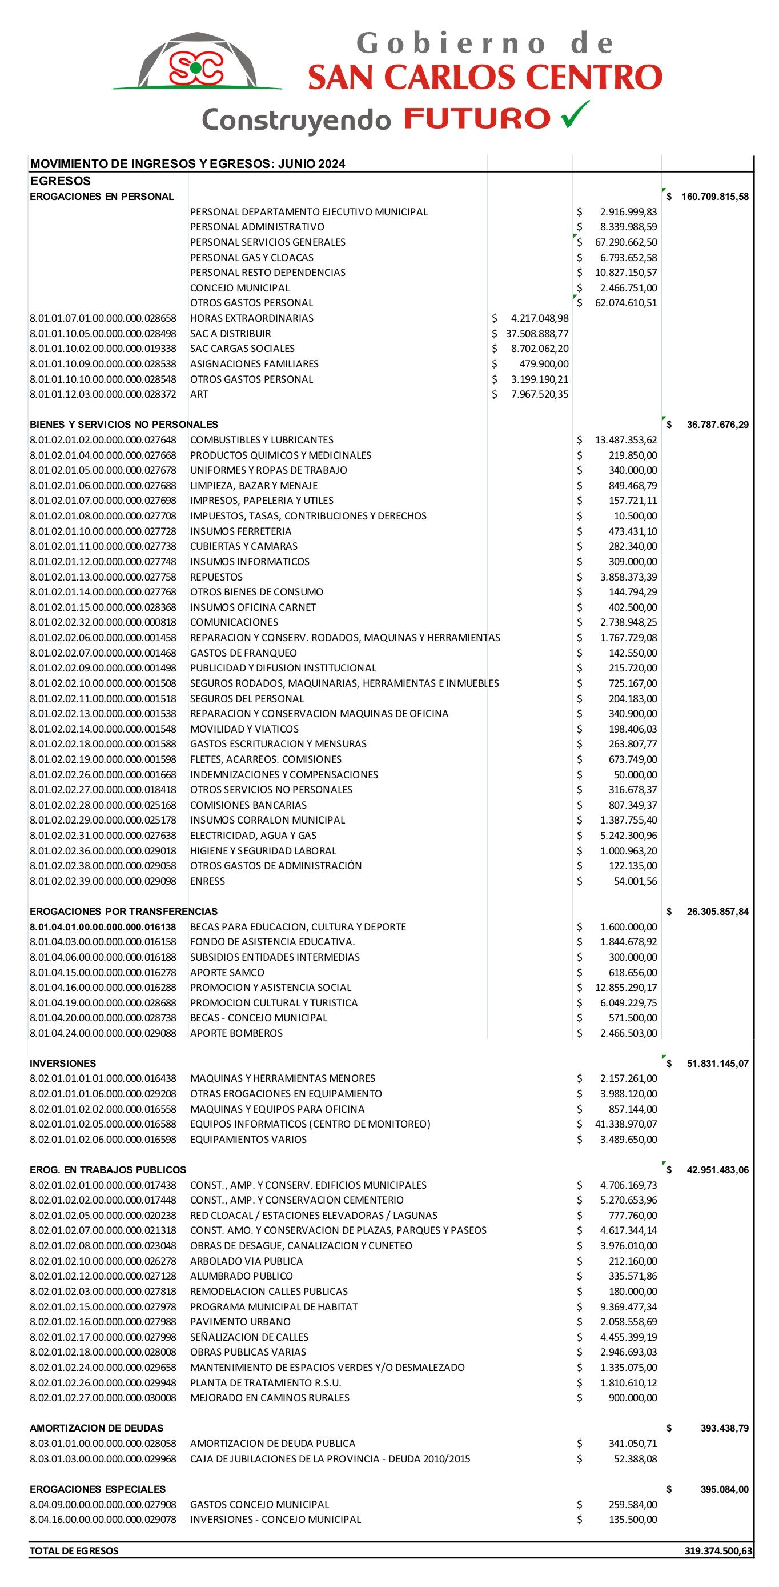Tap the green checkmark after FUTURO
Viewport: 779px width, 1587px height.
575,115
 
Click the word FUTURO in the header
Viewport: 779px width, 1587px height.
477,118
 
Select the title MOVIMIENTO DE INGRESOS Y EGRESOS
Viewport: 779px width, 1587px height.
188,164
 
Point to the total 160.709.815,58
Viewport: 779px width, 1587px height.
714,197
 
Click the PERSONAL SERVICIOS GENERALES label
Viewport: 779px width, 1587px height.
267,243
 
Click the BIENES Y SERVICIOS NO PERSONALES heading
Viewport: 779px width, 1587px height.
124,425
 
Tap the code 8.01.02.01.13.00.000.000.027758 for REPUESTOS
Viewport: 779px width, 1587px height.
103,577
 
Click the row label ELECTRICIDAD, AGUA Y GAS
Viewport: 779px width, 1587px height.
253,836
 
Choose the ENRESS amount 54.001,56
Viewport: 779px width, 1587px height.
635,881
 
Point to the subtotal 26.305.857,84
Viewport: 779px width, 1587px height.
717,912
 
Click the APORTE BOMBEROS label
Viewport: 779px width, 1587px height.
236,1033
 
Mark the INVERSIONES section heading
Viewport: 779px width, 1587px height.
63,1064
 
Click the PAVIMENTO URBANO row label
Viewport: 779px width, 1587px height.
240,1321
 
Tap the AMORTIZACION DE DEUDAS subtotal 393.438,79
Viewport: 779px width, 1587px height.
724,1428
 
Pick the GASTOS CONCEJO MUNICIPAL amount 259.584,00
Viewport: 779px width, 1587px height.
632,1505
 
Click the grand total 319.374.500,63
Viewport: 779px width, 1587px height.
718,1550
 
